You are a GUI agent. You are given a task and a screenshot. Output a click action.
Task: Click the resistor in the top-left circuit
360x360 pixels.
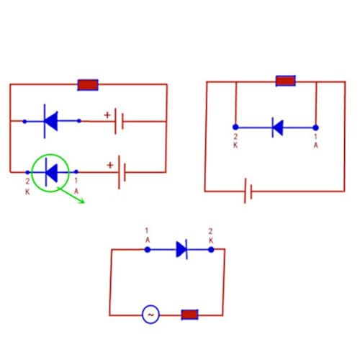pyautogui.click(x=88, y=85)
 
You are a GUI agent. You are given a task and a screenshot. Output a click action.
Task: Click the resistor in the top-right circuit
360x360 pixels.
pyautogui.click(x=286, y=81)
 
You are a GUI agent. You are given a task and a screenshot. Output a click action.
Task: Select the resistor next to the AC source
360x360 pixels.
pyautogui.click(x=189, y=315)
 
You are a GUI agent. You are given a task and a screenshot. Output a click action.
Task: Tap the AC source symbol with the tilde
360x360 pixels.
pyautogui.click(x=150, y=315)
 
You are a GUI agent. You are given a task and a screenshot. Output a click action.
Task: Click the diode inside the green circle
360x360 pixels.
pyautogui.click(x=51, y=172)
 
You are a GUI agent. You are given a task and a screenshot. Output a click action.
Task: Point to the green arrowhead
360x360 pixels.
pyautogui.click(x=81, y=201)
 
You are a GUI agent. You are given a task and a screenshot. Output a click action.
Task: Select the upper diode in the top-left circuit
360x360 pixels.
pyautogui.click(x=50, y=121)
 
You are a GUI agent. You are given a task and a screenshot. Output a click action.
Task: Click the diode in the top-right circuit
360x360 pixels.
pyautogui.click(x=278, y=127)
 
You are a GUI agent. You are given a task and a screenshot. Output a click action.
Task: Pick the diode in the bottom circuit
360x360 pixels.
pyautogui.click(x=181, y=249)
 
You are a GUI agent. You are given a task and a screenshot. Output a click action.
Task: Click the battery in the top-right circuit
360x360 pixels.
pyautogui.click(x=248, y=191)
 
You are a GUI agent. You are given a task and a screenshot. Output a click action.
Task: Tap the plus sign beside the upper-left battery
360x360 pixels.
pyautogui.click(x=107, y=115)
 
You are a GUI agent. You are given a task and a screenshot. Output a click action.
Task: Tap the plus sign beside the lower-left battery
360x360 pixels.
pyautogui.click(x=110, y=165)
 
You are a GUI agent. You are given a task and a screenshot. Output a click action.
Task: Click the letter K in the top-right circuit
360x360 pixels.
pyautogui.click(x=235, y=145)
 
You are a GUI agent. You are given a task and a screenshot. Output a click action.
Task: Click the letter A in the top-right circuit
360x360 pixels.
pyautogui.click(x=315, y=145)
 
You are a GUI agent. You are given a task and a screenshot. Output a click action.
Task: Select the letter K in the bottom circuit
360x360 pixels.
pyautogui.click(x=211, y=240)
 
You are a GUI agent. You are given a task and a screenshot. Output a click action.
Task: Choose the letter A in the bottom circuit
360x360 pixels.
pyautogui.click(x=148, y=240)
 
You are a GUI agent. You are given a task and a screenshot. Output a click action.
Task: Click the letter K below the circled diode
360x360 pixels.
pyautogui.click(x=27, y=192)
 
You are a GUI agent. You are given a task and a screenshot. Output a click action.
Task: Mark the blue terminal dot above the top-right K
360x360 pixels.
pyautogui.click(x=235, y=127)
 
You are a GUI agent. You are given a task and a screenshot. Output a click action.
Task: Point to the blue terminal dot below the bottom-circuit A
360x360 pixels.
pyautogui.click(x=148, y=250)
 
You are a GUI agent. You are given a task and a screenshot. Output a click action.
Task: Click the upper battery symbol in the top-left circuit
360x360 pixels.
pyautogui.click(x=119, y=121)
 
